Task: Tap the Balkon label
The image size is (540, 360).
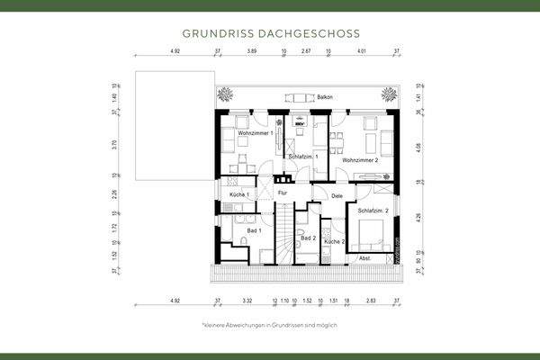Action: tap(325, 97)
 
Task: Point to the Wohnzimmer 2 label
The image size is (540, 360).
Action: tap(359, 159)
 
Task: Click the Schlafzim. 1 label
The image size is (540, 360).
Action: tap(303, 157)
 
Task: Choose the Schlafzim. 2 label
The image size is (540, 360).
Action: tap(373, 211)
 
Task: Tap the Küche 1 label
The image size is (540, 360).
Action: tap(239, 194)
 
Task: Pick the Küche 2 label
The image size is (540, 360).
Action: tap(334, 242)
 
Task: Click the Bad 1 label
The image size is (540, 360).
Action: tap(253, 230)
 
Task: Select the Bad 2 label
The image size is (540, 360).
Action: tap(308, 238)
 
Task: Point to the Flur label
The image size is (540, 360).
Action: tap(282, 193)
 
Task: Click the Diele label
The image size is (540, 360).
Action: tap(337, 195)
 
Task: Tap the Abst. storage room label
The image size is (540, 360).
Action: tap(364, 258)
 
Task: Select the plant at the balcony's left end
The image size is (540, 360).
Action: tap(225, 94)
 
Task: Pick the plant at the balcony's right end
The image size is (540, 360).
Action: tap(389, 94)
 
